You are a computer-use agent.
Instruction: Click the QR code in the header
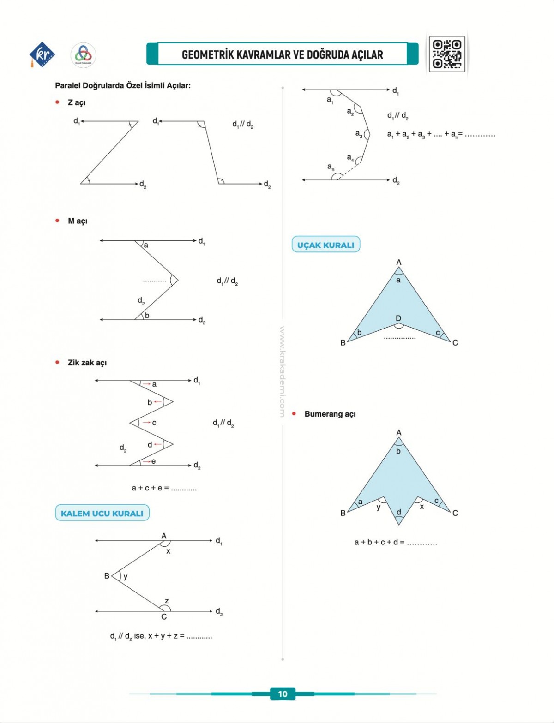pyautogui.click(x=446, y=54)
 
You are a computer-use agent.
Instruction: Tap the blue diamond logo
pyautogui.click(x=42, y=54)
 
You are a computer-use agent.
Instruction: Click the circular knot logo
pyautogui.click(x=83, y=55)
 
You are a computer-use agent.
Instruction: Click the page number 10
pyautogui.click(x=283, y=694)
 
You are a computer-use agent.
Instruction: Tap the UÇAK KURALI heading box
pyautogui.click(x=325, y=245)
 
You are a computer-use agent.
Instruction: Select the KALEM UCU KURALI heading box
pyautogui.click(x=102, y=513)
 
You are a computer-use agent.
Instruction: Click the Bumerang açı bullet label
pyautogui.click(x=330, y=414)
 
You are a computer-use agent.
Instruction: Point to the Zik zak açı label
pyautogui.click(x=87, y=363)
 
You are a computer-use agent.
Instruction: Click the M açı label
pyautogui.click(x=78, y=221)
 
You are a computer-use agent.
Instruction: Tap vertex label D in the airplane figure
pyautogui.click(x=398, y=318)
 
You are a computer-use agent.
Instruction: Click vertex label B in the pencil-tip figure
pyautogui.click(x=107, y=576)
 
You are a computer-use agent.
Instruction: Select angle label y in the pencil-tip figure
pyautogui.click(x=126, y=576)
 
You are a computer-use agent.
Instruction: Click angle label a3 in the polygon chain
pyautogui.click(x=359, y=134)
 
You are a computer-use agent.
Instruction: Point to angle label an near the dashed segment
pyautogui.click(x=331, y=167)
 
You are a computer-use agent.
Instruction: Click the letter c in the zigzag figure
pyautogui.click(x=154, y=423)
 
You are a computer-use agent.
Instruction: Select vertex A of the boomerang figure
pyautogui.click(x=399, y=433)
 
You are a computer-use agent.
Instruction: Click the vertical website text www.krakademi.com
pyautogui.click(x=282, y=371)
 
